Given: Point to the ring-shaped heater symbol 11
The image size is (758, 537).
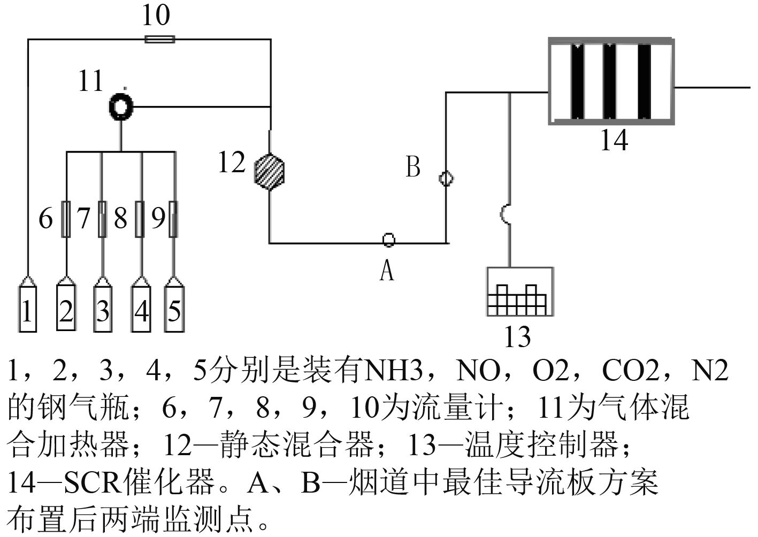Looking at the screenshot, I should point(121,106).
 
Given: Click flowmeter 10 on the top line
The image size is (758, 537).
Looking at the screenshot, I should point(159,39).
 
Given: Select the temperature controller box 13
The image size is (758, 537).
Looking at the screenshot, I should point(519,291).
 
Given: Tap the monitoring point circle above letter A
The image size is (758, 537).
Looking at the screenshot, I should point(389,240).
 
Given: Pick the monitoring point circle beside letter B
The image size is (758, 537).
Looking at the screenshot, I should point(446,178).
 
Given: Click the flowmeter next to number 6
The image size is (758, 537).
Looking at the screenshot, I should point(66,219).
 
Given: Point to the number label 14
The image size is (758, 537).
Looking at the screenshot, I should point(614,141).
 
